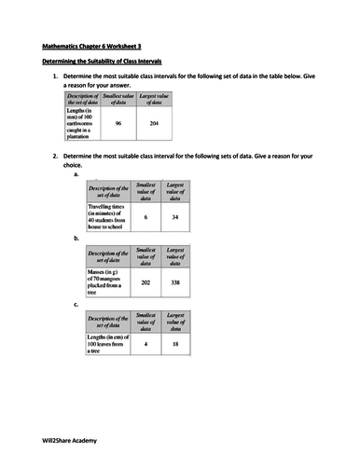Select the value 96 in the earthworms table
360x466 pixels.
tap(118, 121)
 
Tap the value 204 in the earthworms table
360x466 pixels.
tap(160, 121)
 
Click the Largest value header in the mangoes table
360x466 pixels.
tap(174, 255)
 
